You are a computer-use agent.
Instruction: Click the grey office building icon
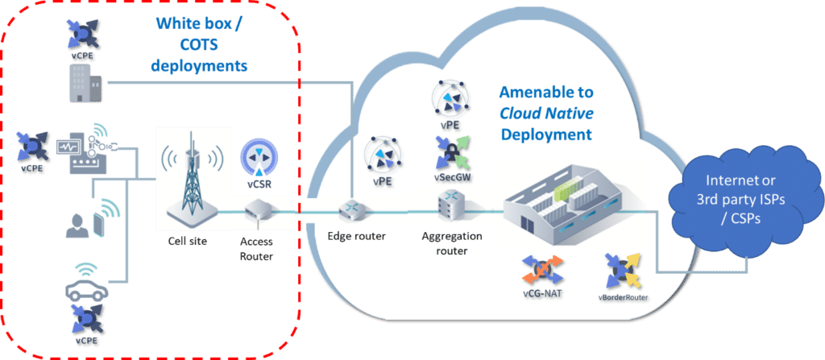[x=83, y=83]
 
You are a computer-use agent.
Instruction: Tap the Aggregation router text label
[x=452, y=242]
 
